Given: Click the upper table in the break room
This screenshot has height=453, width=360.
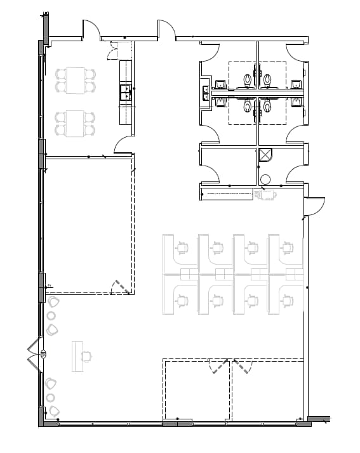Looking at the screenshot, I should click(76, 79).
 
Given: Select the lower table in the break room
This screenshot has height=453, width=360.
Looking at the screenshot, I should click(76, 122).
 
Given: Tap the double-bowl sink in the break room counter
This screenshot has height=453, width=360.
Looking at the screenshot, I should click(126, 93).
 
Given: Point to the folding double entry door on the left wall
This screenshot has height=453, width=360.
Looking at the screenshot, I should click(34, 354).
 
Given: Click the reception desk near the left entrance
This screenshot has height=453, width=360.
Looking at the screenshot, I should click(77, 355).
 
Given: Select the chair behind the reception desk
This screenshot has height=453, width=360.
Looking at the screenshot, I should click(87, 355).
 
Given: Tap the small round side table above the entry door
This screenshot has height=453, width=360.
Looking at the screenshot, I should click(51, 316).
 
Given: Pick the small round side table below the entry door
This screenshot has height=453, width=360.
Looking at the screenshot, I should click(51, 397).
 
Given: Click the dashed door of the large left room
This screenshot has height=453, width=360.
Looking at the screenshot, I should click(121, 287).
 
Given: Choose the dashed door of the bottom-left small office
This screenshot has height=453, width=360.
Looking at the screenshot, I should click(218, 367).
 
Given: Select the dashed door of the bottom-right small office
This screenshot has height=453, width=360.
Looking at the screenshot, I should click(241, 367).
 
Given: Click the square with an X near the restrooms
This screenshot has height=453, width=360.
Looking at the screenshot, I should click(265, 155).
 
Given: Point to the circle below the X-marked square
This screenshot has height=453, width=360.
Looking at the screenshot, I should click(265, 178).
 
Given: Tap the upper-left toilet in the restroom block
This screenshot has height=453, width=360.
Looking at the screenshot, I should click(248, 80).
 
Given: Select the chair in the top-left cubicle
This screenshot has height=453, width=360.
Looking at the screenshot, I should click(183, 246).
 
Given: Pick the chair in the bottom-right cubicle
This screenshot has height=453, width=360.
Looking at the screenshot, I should click(288, 299).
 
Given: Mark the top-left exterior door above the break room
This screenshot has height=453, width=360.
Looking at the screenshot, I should click(91, 29).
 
